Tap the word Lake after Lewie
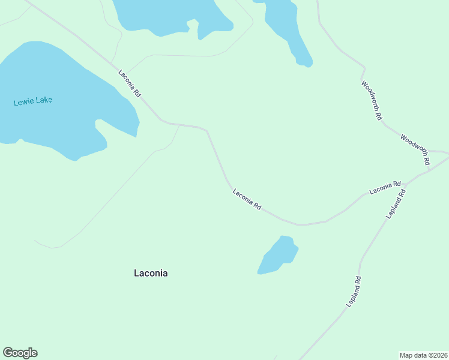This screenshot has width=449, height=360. [x=44, y=100]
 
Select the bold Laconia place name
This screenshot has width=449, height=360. [x=151, y=273]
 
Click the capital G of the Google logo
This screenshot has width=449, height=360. [x=8, y=353]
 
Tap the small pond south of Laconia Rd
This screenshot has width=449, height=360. [x=277, y=256]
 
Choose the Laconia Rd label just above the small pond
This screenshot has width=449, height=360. [x=247, y=199]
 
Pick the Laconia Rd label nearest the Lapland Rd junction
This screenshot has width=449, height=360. [x=385, y=188]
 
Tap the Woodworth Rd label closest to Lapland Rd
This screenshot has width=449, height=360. [x=415, y=149]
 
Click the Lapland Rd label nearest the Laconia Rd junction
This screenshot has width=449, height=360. [x=397, y=204]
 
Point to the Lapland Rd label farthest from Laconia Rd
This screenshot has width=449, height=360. [x=354, y=292]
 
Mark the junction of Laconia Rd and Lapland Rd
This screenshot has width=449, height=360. [x=406, y=182]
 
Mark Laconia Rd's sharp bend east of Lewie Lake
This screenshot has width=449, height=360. [x=207, y=129]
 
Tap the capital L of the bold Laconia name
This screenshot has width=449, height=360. [x=136, y=273]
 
